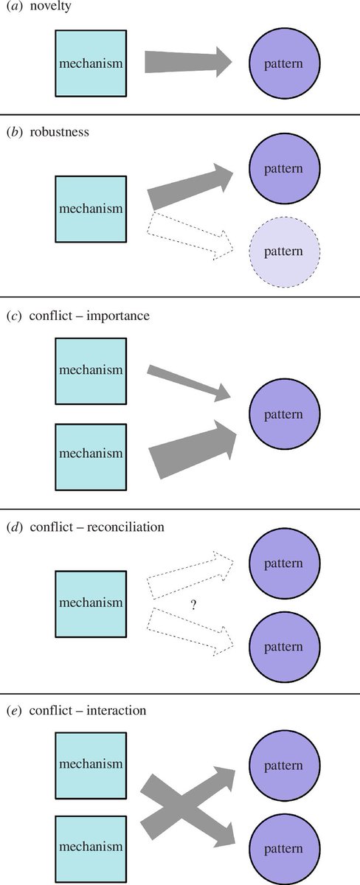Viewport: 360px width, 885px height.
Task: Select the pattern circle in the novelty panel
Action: (x=284, y=64)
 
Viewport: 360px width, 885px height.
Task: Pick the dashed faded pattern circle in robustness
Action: (x=284, y=251)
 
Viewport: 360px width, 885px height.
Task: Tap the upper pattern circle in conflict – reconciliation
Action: (x=284, y=563)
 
